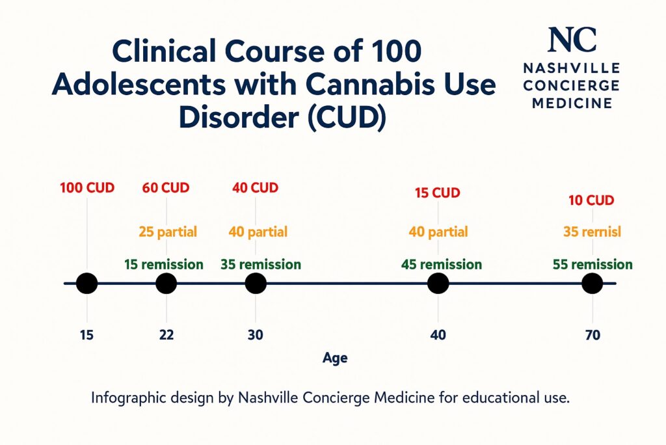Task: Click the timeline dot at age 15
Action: (x=87, y=284)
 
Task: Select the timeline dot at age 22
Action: (x=166, y=284)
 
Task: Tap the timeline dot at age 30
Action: (x=256, y=284)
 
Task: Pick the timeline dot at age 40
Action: (x=438, y=284)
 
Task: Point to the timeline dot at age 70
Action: (x=592, y=284)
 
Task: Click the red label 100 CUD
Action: (x=87, y=189)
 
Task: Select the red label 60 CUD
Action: (x=166, y=189)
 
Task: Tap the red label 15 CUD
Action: (x=438, y=193)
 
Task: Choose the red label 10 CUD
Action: (x=591, y=200)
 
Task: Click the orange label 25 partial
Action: (x=168, y=232)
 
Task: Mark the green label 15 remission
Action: (x=164, y=265)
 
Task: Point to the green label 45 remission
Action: (x=442, y=265)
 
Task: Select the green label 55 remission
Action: (x=593, y=265)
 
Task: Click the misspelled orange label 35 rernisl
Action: (x=591, y=232)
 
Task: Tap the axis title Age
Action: (x=335, y=358)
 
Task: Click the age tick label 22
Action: (x=166, y=336)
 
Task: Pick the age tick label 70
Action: (x=592, y=336)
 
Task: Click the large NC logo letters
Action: (x=572, y=40)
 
